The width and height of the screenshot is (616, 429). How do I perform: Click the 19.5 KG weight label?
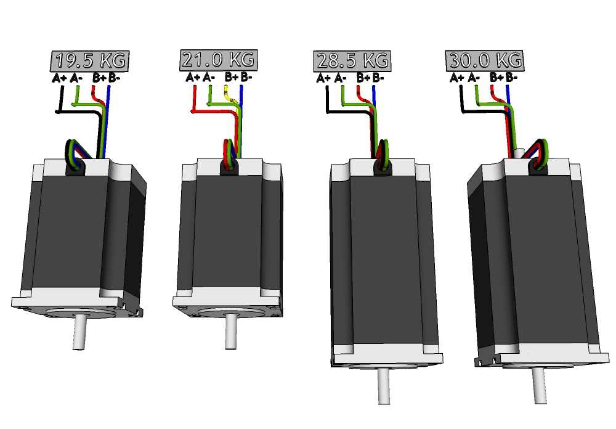pyautogui.click(x=89, y=61)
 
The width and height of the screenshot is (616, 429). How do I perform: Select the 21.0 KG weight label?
pyautogui.click(x=218, y=60)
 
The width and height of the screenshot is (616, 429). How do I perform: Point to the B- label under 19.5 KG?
pyautogui.click(x=115, y=78)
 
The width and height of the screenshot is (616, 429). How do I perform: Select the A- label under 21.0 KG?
pyautogui.click(x=209, y=78)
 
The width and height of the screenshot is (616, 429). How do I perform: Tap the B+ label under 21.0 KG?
pyautogui.click(x=231, y=78)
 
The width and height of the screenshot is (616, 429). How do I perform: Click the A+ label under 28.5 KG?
pyautogui.click(x=323, y=78)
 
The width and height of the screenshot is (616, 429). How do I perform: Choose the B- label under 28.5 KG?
pyautogui.click(x=378, y=78)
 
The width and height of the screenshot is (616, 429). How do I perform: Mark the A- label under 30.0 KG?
pyautogui.click(x=474, y=78)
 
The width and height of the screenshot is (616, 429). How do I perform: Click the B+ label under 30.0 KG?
pyautogui.click(x=496, y=78)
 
